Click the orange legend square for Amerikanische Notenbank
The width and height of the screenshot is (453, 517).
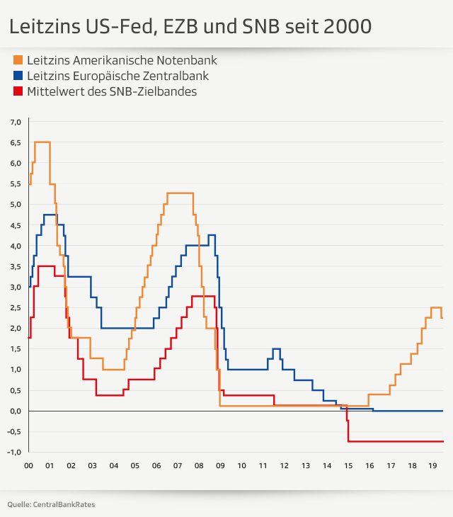[x=18, y=60]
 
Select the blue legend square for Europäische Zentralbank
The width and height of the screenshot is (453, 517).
[x=18, y=76]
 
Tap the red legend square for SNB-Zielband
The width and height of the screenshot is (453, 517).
[x=18, y=91]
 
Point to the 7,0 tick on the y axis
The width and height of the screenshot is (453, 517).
[x=16, y=123]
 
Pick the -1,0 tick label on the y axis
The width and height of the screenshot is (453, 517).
[x=15, y=452]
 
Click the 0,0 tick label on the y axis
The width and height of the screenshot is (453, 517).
[x=16, y=411]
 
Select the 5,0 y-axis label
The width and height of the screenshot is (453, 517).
[x=16, y=205]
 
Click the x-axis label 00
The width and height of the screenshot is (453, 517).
[x=28, y=466]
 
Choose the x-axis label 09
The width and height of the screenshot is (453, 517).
[x=220, y=466]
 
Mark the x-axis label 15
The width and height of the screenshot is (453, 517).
[x=348, y=466]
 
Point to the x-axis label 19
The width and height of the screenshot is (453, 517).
[x=433, y=466]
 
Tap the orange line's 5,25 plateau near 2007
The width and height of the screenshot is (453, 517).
[x=180, y=193]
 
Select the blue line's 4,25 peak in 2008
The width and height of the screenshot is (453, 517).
[x=211, y=235]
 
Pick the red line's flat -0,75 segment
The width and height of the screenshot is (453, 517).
[x=396, y=441]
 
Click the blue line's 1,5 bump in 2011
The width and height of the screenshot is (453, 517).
[x=276, y=349]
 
